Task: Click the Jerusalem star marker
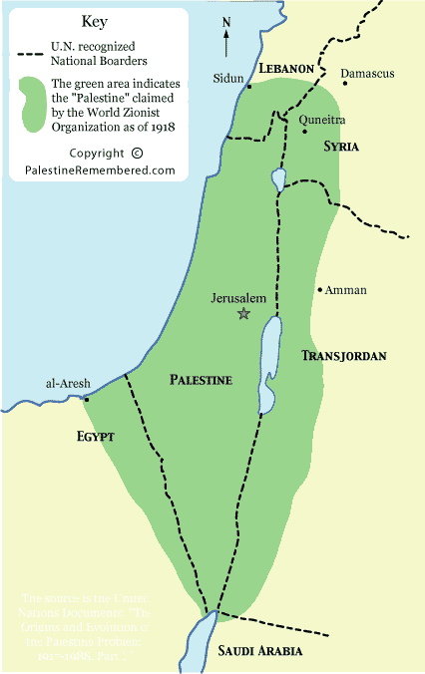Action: pos(243,314)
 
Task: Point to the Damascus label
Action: pos(368,73)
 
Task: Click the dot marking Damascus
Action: pos(344,83)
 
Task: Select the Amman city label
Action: pos(346,290)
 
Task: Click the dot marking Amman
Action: pos(319,290)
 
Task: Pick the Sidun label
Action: pos(228,77)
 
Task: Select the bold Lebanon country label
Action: pos(286,68)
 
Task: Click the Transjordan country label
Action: pos(343,355)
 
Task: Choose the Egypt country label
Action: pos(97,437)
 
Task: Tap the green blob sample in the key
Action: pos(34,101)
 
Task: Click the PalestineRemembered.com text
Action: pos(100,170)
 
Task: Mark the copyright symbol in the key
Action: pos(137,153)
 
